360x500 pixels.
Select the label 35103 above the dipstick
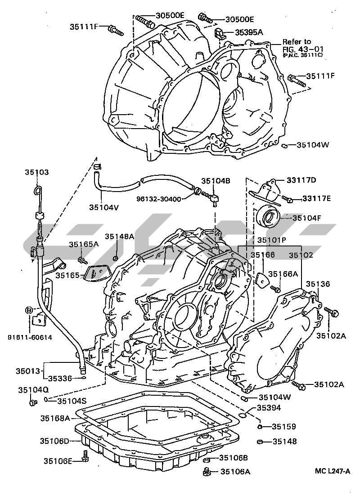[x=37, y=173]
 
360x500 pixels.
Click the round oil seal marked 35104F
[x=270, y=218]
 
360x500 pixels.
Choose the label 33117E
[x=316, y=198]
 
